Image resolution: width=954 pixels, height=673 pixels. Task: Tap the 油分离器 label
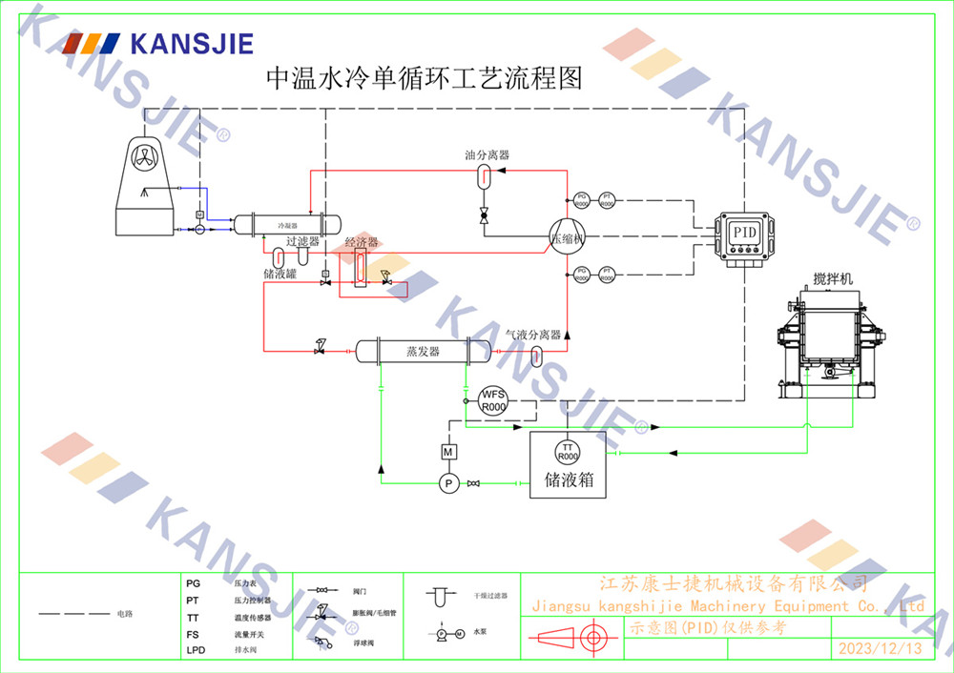tap(487, 154)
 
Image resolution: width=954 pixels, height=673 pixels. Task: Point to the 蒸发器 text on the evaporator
tap(423, 352)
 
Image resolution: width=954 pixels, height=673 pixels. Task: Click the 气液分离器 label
tap(532, 335)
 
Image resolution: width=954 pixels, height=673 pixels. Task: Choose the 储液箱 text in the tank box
tap(569, 479)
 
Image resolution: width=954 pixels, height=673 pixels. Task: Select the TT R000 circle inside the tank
tap(568, 451)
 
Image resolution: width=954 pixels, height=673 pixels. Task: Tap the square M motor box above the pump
tap(448, 450)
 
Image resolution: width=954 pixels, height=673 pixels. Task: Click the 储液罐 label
tap(280, 274)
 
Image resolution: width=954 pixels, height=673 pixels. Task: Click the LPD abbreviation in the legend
tap(196, 650)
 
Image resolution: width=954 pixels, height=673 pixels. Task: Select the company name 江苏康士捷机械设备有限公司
tap(732, 583)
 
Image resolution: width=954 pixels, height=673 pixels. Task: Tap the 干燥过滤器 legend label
tap(491, 596)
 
